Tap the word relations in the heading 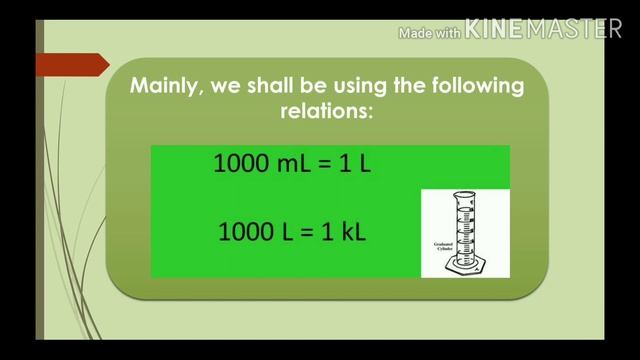(x=326, y=111)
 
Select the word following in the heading (x=474, y=86)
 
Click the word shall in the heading (x=280, y=86)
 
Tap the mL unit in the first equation (x=296, y=164)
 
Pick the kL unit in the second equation (x=350, y=232)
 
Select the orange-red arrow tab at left (x=71, y=66)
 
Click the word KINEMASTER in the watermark (x=544, y=30)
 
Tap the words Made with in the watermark (x=430, y=33)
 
